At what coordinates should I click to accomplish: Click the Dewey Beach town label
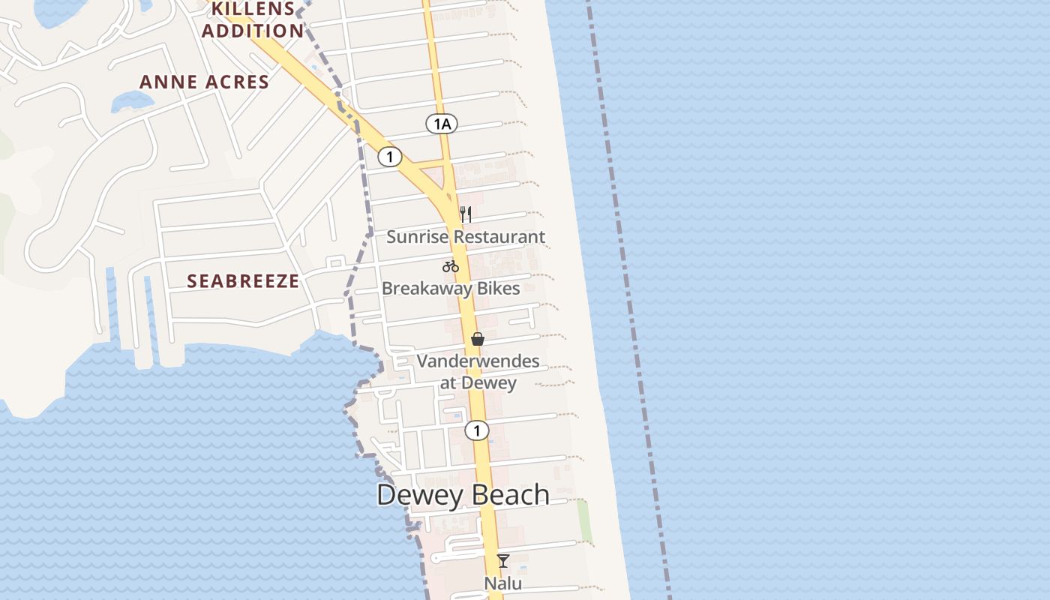point(463,495)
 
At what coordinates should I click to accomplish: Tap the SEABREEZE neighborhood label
point(243,281)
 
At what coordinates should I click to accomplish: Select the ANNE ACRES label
point(204,82)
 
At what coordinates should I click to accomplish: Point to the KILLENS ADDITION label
point(253,20)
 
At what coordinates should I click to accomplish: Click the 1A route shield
point(442,124)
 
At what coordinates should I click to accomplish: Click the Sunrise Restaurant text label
point(466,237)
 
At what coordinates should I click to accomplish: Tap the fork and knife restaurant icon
point(466,214)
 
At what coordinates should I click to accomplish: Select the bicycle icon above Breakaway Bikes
point(450,265)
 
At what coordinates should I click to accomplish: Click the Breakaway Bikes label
point(451,289)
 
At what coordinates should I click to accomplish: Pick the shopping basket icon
point(478,339)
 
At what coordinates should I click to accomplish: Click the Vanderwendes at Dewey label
point(478,372)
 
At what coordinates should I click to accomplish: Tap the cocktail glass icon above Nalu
point(503,561)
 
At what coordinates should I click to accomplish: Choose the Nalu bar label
point(502,583)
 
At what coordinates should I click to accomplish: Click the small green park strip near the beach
point(584,521)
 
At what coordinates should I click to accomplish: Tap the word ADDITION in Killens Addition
point(253,31)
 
